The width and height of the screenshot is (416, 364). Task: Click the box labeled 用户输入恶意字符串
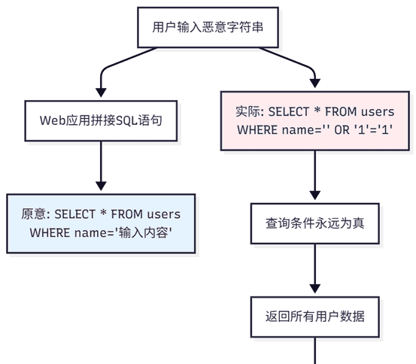point(208,28)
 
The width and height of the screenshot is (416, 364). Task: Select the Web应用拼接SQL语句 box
point(100,120)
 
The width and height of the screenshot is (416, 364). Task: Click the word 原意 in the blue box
point(35,214)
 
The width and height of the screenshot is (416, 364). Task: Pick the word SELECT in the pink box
point(290,111)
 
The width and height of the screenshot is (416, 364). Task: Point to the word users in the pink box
point(377,111)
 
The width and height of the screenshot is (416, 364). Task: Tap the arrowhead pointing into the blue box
point(100,187)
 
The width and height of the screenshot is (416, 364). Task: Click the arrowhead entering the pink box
point(315,84)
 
